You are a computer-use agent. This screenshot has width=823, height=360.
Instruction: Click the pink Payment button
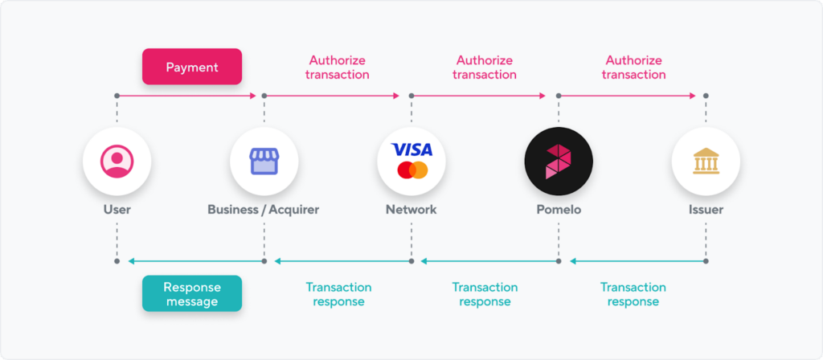(x=192, y=67)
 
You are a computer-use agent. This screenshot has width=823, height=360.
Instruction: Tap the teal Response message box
(x=192, y=294)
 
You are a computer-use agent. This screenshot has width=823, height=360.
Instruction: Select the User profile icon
(x=117, y=161)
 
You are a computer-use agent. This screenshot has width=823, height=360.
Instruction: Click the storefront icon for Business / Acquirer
(x=264, y=161)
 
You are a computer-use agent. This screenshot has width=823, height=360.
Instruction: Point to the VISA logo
(x=412, y=150)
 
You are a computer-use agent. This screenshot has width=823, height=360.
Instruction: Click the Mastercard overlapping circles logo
(x=412, y=170)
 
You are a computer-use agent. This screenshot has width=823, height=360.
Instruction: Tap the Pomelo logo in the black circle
(x=559, y=161)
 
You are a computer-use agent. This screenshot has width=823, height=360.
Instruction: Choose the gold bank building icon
(x=706, y=161)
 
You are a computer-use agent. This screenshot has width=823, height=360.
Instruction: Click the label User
(x=117, y=210)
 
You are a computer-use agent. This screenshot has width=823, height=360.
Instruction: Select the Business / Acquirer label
(x=264, y=210)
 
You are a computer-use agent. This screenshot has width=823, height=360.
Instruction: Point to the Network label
(x=411, y=210)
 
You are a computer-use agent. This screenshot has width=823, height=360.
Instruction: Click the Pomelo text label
(x=559, y=210)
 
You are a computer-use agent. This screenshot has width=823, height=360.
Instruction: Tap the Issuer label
(x=706, y=210)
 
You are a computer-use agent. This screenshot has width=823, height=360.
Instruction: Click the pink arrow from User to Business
(x=186, y=96)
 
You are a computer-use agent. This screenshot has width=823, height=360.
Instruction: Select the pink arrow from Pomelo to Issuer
(x=627, y=96)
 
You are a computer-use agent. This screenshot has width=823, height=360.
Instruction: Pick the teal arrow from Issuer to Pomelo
(x=637, y=261)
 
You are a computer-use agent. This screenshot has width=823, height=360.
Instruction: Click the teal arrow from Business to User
(x=196, y=261)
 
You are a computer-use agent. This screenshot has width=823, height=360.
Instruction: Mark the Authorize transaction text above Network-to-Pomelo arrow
(x=485, y=67)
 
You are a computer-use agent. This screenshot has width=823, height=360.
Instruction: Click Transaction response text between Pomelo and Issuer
(x=633, y=294)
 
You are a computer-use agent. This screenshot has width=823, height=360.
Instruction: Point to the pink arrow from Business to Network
(x=332, y=96)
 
